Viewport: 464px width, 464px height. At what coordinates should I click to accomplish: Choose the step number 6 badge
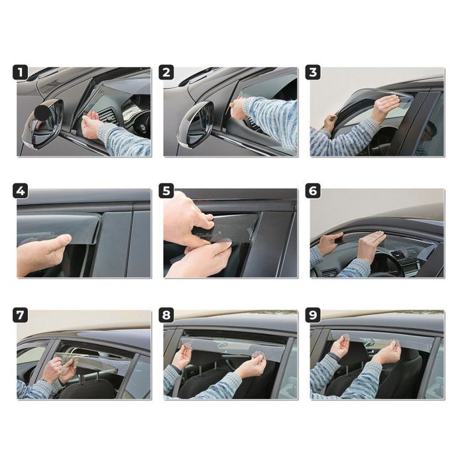tap(313, 192)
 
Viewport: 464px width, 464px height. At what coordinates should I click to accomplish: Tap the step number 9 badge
tap(313, 316)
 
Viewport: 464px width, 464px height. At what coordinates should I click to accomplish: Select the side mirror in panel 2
tap(196, 124)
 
